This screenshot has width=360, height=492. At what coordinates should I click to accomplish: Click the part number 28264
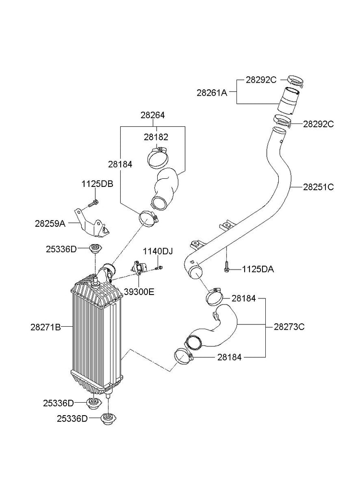point(152,115)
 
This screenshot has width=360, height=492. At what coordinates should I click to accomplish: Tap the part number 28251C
point(318,187)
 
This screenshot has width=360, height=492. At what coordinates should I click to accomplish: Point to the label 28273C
point(289,327)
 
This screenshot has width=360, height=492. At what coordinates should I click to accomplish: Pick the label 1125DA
point(258,270)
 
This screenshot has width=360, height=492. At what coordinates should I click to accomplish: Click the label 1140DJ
point(157,251)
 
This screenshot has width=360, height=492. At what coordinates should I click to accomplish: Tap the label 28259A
point(50,223)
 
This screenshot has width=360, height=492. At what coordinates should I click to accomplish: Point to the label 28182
point(156,137)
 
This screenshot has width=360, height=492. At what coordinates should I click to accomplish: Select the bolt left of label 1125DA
point(226,267)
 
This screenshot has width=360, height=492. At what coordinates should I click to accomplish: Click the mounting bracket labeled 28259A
point(92,224)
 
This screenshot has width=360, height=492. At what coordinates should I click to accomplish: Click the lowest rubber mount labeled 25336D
point(109,421)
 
